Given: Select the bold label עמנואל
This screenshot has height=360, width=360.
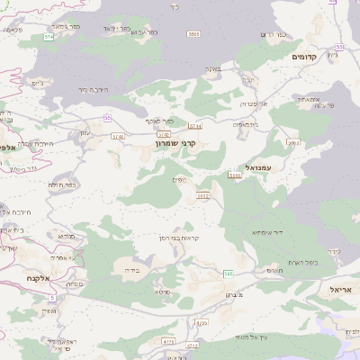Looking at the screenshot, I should click(257, 167).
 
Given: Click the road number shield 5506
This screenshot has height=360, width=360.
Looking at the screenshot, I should click(193, 33).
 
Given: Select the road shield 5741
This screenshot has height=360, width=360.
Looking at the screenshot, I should click(118, 136).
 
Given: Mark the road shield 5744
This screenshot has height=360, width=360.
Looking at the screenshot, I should click(195, 127).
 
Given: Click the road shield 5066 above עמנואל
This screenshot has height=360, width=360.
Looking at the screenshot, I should click(292, 142).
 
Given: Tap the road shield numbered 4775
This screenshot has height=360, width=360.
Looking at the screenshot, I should click(167, 342).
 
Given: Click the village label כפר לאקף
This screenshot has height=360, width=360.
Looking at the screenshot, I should click(159, 121).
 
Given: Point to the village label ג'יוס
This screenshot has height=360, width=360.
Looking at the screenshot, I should click(37, 83).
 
